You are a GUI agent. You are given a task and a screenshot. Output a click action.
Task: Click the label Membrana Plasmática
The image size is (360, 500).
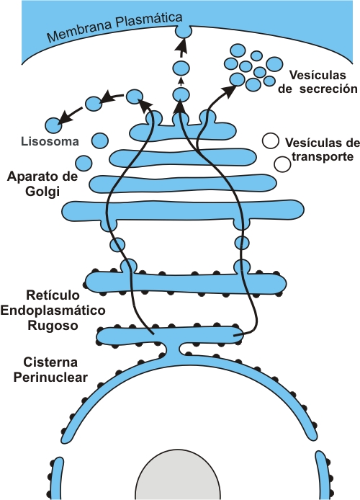tap(114, 27)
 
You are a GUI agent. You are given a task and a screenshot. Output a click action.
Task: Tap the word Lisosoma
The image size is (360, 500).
tap(50, 141)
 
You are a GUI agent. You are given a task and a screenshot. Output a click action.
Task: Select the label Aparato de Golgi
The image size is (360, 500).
tap(42, 184)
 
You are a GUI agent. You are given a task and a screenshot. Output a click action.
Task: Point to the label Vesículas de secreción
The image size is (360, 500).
tap(318, 82)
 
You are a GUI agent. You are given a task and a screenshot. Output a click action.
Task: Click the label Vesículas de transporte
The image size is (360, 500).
tap(322, 149)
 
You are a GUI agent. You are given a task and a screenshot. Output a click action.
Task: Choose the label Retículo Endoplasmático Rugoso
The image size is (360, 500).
tap(53, 311)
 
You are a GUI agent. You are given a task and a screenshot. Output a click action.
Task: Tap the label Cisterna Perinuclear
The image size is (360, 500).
tap(50, 370)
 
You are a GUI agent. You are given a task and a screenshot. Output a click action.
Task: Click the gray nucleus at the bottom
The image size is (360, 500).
tap(178, 475)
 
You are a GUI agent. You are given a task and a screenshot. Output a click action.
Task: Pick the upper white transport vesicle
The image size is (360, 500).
tap(271, 141)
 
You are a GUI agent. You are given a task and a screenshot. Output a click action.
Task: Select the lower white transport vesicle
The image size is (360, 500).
tap(282, 164)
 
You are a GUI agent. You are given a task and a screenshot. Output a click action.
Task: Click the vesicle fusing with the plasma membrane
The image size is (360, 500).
tap(184, 31)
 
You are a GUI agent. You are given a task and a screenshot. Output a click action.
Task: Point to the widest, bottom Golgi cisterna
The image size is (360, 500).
tap(183, 211)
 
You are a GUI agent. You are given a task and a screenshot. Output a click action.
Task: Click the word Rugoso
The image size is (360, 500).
tap(53, 326)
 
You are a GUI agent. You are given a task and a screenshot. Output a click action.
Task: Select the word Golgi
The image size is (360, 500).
tap(42, 192)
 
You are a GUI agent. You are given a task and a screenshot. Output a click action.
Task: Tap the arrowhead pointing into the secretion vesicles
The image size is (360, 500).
tap(229, 90)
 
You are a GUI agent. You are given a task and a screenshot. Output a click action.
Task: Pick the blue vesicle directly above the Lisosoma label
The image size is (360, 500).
tap(54, 125)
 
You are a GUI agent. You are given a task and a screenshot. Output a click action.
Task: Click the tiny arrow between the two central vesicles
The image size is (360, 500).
tap(181, 81)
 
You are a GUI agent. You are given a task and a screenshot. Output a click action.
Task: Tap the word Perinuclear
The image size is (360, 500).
tap(50, 378)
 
